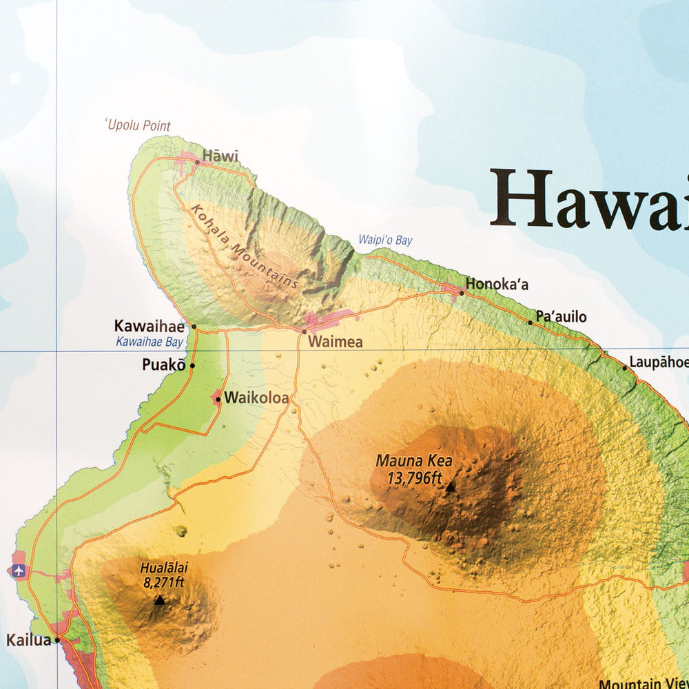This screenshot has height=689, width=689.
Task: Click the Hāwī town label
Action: click(220, 156)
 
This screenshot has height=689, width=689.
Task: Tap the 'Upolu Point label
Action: click(137, 125)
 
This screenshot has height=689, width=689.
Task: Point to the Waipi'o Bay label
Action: click(384, 240)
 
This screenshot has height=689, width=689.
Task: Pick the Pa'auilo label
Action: click(561, 317)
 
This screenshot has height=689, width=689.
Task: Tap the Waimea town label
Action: click(335, 342)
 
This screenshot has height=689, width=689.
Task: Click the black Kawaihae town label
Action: click(150, 326)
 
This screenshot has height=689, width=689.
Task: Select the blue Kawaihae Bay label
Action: click(149, 342)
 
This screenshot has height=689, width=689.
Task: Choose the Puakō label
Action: click(164, 365)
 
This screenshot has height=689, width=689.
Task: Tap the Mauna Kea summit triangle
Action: click(450, 487)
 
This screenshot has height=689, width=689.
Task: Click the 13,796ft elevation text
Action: click(415, 477)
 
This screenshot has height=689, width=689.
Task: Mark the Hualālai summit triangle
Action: click(160, 600)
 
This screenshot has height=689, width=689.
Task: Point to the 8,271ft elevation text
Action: click(163, 582)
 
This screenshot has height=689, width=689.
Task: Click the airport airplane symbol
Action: click(18, 570)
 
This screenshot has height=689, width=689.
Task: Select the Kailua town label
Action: click(28, 640)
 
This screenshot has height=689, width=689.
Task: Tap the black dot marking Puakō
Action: click(192, 366)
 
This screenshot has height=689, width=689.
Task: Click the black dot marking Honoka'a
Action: click(462, 293)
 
